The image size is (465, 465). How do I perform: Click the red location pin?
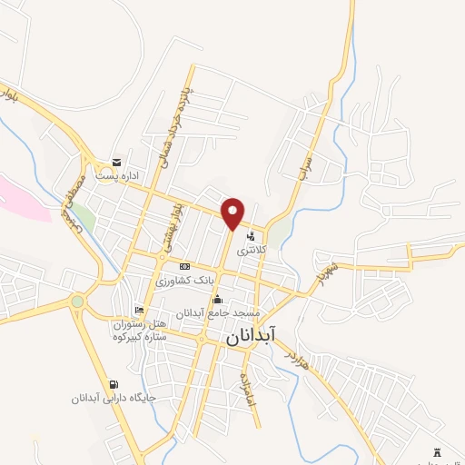pos(233,212)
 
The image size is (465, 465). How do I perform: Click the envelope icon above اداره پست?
pos(115,163)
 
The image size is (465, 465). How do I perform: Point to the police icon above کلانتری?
pos(250,235)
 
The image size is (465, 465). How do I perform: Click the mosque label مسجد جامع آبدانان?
pos(223,312)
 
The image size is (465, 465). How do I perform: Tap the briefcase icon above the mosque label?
pos(217,300)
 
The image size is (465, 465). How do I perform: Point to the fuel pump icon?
pos(114,384)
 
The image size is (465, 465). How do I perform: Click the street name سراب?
pos(307,163)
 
